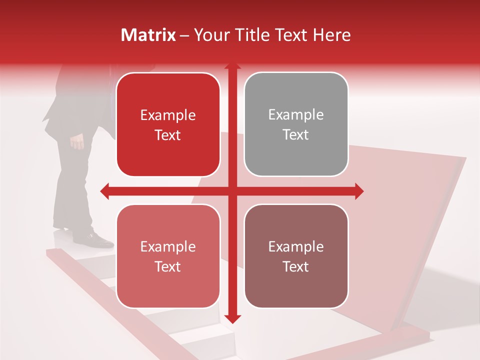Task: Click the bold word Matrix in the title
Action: [x=148, y=35]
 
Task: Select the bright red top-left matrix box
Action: [x=168, y=125]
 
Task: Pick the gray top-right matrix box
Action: [x=296, y=124]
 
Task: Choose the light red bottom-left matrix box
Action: [x=168, y=256]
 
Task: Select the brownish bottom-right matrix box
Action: [x=296, y=256]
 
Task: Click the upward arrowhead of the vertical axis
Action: [x=232, y=66]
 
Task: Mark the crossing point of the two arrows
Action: [x=232, y=191]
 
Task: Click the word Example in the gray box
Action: [x=296, y=115]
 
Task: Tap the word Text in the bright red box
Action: [x=168, y=135]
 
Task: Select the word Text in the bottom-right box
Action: [x=296, y=267]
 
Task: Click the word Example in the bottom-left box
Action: [x=168, y=246]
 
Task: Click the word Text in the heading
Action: [x=290, y=35]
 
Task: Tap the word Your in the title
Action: [x=210, y=35]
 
